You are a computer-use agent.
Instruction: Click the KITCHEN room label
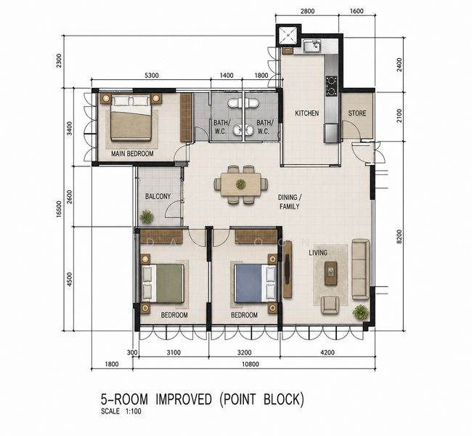click(x=306, y=113)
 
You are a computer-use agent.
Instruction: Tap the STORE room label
click(x=357, y=113)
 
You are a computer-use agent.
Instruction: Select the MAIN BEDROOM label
click(x=132, y=153)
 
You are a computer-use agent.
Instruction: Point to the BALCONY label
click(x=158, y=196)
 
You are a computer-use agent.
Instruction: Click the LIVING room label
click(x=318, y=253)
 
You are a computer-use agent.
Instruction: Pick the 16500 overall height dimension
click(x=59, y=209)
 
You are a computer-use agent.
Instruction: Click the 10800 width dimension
click(x=251, y=364)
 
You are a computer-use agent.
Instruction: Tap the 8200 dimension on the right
click(x=399, y=237)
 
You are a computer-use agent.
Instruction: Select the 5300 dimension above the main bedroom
click(x=152, y=76)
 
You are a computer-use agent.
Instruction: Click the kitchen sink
click(x=312, y=47)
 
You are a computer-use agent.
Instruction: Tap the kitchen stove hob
click(x=331, y=86)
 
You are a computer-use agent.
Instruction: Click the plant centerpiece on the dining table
click(x=241, y=184)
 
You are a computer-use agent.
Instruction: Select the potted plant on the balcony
click(x=147, y=217)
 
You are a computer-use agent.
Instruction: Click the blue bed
click(x=256, y=283)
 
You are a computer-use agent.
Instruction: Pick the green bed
click(x=163, y=283)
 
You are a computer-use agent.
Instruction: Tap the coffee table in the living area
click(x=331, y=273)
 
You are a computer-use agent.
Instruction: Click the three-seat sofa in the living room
click(x=361, y=270)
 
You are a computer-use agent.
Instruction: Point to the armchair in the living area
click(x=330, y=305)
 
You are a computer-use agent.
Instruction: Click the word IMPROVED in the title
click(x=184, y=399)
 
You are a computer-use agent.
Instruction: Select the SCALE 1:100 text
click(x=121, y=411)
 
